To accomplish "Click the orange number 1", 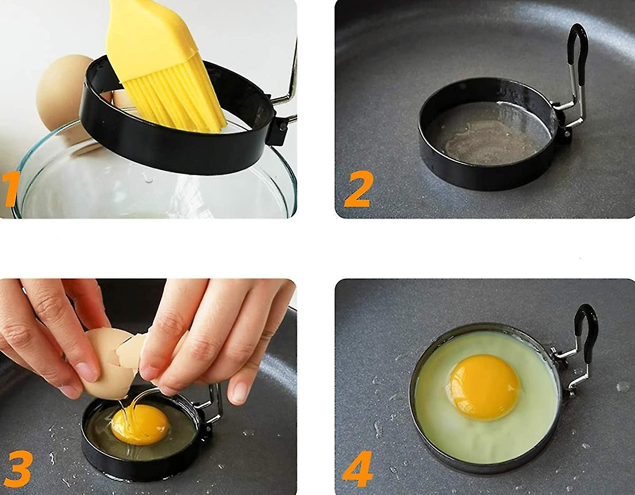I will point(10,190).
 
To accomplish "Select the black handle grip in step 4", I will point(587,327).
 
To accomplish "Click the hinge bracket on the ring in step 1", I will point(280,128).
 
